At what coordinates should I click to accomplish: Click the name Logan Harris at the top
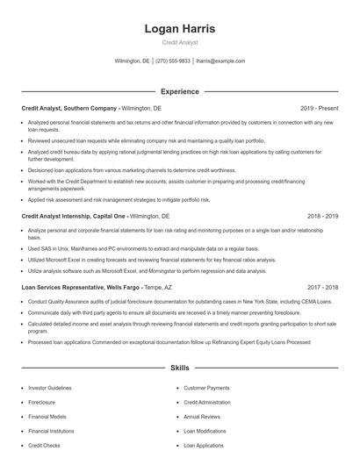[180, 29]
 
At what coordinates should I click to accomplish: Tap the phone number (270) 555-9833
[173, 61]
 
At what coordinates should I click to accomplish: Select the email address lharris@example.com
[220, 61]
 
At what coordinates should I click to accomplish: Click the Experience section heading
[179, 91]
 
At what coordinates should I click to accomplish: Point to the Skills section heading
[179, 369]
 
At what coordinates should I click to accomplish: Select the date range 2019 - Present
[319, 108]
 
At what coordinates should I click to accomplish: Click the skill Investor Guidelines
[52, 387]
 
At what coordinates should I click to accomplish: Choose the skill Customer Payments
[206, 387]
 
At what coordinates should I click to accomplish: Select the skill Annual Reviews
[202, 417]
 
